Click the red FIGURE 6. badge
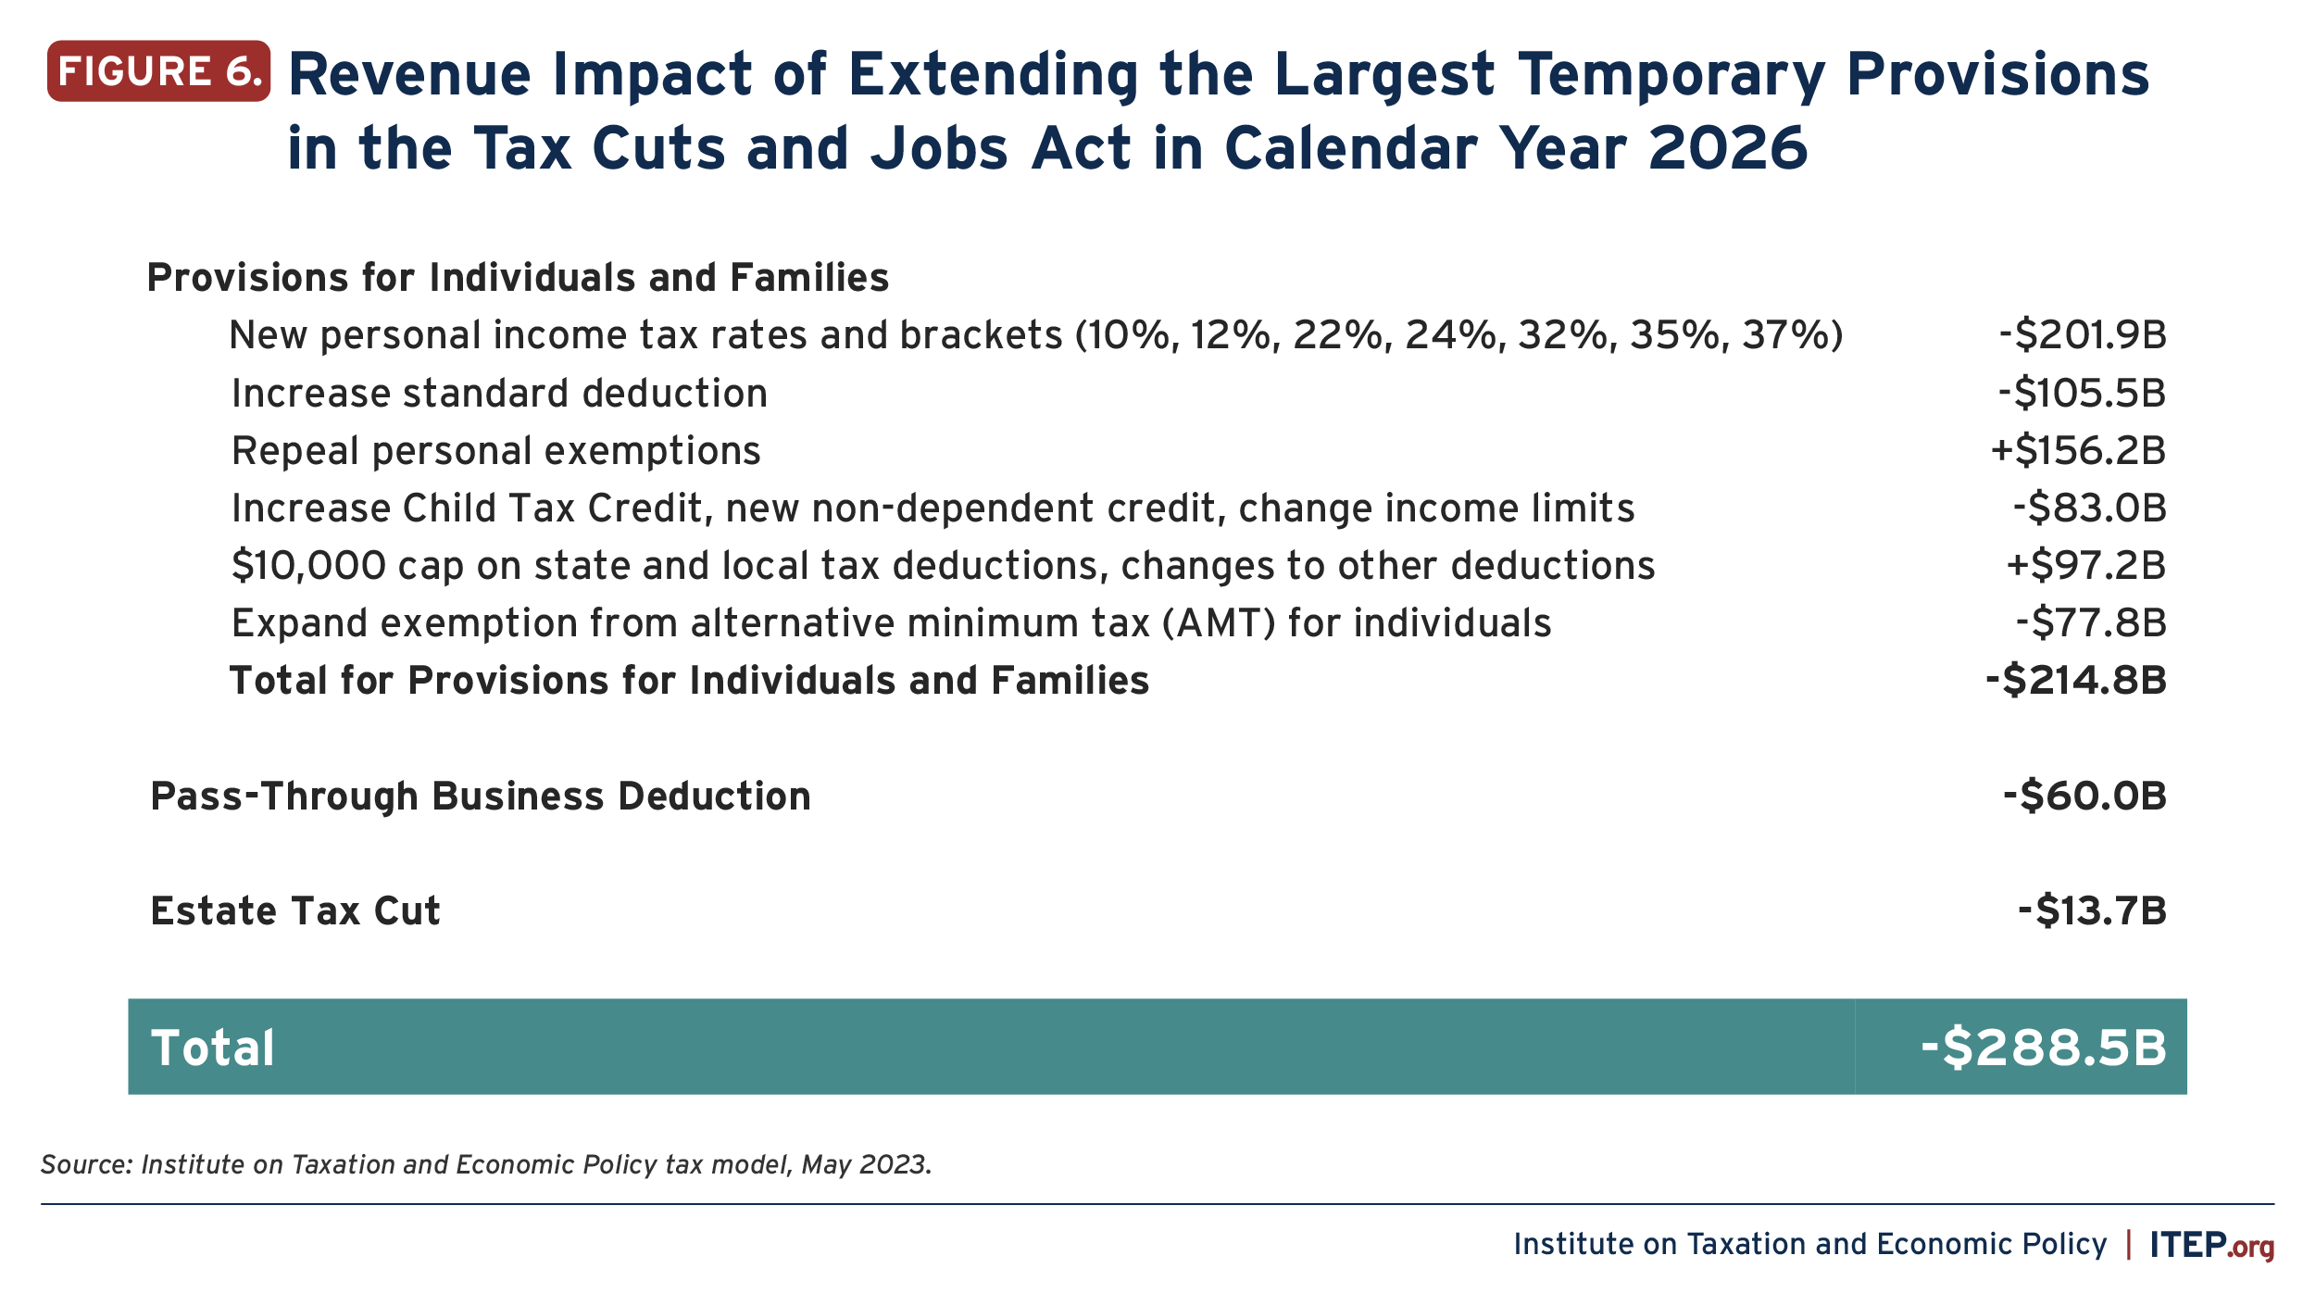coord(158,71)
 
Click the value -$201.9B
coord(2083,335)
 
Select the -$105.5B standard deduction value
coord(2083,394)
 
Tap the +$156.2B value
coord(2079,451)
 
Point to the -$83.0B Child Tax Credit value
coord(2090,508)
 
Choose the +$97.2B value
coord(2086,566)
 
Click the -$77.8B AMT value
coord(2091,623)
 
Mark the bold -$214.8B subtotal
coord(2076,681)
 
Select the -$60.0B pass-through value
coord(2084,797)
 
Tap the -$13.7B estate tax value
coord(2093,911)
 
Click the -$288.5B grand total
coord(2044,1048)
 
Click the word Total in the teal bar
coord(213,1048)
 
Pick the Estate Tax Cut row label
coord(295,911)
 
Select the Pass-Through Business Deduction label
coord(481,797)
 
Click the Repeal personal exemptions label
coord(496,451)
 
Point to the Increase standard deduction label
coord(500,394)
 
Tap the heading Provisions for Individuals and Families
coord(519,278)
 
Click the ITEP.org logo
coord(2212,1244)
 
